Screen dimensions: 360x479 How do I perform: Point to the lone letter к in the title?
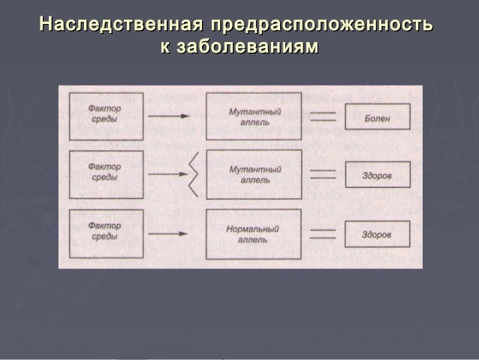pyautogui.click(x=164, y=47)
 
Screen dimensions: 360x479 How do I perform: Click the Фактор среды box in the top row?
pyautogui.click(x=105, y=116)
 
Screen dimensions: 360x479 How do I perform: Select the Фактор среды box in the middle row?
pyautogui.click(x=105, y=174)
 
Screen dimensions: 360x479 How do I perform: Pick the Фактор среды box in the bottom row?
pyautogui.click(x=105, y=234)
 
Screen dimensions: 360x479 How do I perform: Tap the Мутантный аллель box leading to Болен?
pyautogui.click(x=254, y=116)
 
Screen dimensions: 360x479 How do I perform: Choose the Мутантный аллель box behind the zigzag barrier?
pyautogui.click(x=254, y=174)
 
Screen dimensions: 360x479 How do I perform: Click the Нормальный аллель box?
pyautogui.click(x=254, y=234)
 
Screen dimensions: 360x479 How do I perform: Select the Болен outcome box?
pyautogui.click(x=377, y=117)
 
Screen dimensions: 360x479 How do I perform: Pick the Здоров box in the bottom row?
pyautogui.click(x=377, y=234)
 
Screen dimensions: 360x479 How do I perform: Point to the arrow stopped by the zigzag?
pyautogui.click(x=166, y=175)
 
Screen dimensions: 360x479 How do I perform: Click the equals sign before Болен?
pyautogui.click(x=323, y=116)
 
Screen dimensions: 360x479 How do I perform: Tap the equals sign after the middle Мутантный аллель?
pyautogui.click(x=323, y=174)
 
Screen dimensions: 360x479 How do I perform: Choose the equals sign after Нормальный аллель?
pyautogui.click(x=323, y=234)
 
